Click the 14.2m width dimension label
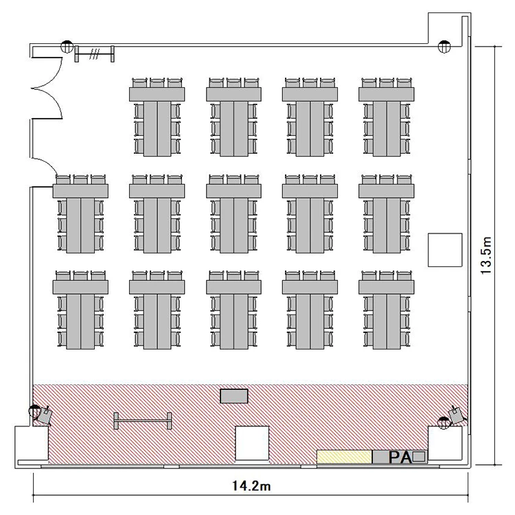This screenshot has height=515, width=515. (251, 485)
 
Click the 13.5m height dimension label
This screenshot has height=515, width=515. (486, 255)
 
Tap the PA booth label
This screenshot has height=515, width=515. (400, 457)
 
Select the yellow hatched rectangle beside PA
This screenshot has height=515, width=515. (344, 457)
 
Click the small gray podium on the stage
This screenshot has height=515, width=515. (234, 396)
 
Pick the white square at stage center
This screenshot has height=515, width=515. (252, 443)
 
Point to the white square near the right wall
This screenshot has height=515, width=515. (445, 250)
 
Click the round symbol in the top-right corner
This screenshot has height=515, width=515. (444, 46)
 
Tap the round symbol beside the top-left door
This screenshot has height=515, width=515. (67, 46)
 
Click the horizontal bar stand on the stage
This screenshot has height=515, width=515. (143, 421)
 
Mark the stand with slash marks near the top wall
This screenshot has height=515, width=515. (95, 54)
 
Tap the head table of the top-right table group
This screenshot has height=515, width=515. (386, 94)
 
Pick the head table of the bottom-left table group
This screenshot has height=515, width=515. (80, 287)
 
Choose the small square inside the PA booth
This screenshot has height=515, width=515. (419, 457)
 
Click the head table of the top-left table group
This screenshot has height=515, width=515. (157, 94)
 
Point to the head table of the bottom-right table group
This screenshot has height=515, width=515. (386, 287)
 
